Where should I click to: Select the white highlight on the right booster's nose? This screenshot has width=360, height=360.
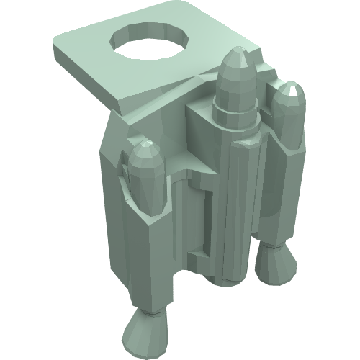tap(292, 89)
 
